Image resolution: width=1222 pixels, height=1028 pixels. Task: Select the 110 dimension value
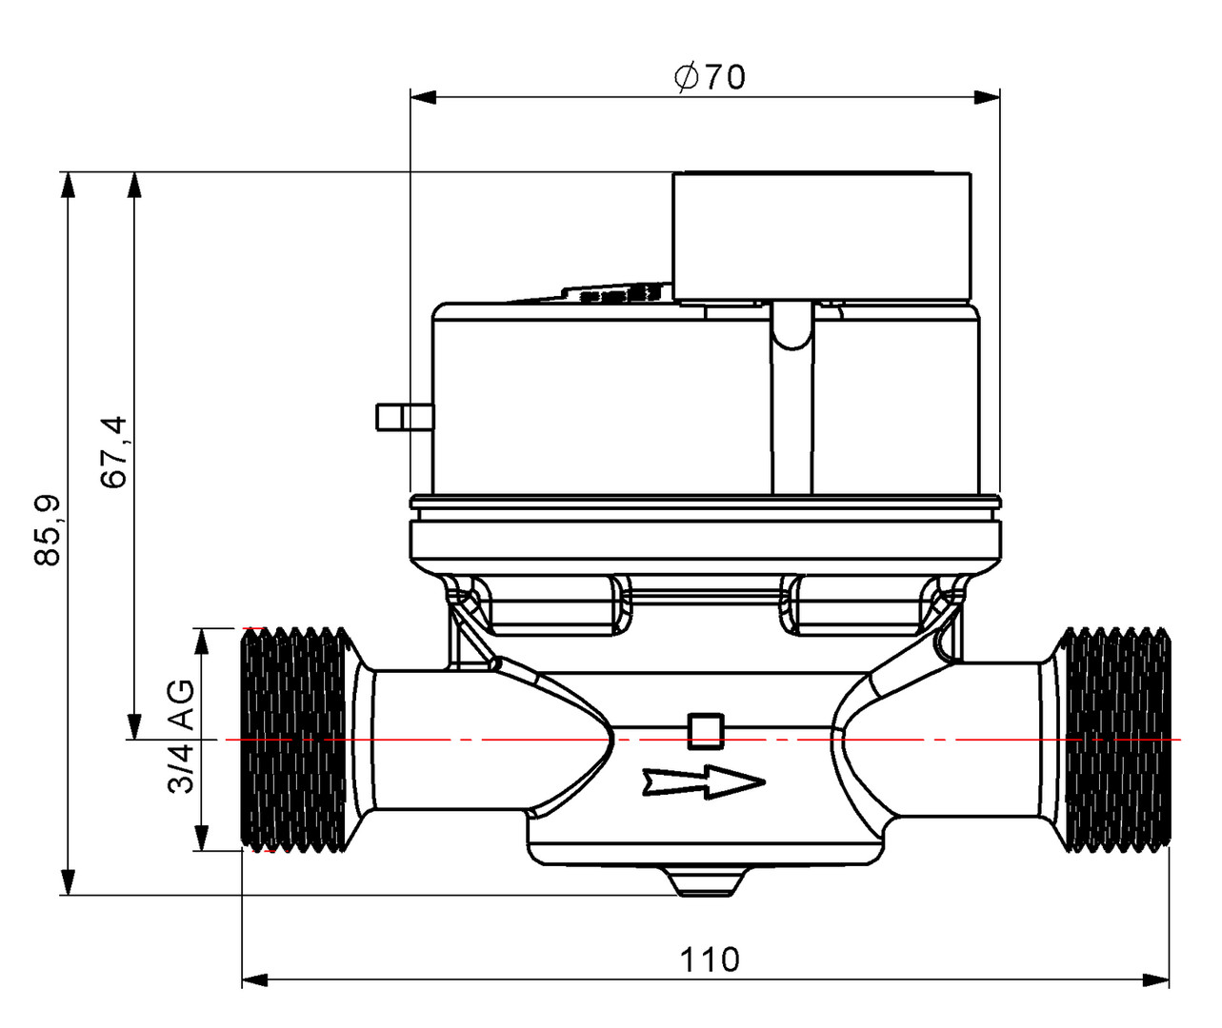pos(710,959)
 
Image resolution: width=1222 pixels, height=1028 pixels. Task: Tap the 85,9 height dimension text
pos(48,530)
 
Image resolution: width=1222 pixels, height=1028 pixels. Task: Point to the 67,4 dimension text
pos(115,452)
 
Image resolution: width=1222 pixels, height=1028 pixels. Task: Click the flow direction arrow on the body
pos(704,782)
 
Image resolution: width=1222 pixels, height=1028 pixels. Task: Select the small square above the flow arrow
pos(704,730)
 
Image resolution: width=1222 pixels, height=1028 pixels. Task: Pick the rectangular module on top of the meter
pos(821,236)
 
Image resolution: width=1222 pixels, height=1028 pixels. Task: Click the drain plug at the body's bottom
pos(706,881)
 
